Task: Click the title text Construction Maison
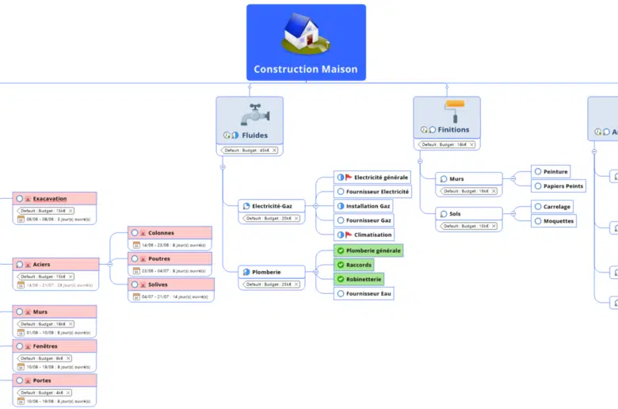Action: coord(306,69)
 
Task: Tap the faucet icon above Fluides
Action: coord(254,114)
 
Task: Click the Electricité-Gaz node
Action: coord(272,206)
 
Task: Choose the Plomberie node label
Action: coord(266,272)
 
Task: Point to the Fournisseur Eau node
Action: coord(368,293)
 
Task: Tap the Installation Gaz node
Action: coord(368,206)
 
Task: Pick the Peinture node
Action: coord(555,172)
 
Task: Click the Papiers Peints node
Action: coord(563,186)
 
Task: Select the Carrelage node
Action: coord(556,207)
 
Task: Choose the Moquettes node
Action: coord(558,221)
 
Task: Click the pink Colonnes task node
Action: coord(170,233)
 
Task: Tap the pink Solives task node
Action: coord(170,285)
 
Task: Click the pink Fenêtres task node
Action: coord(54,346)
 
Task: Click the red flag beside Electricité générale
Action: coord(349,178)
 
